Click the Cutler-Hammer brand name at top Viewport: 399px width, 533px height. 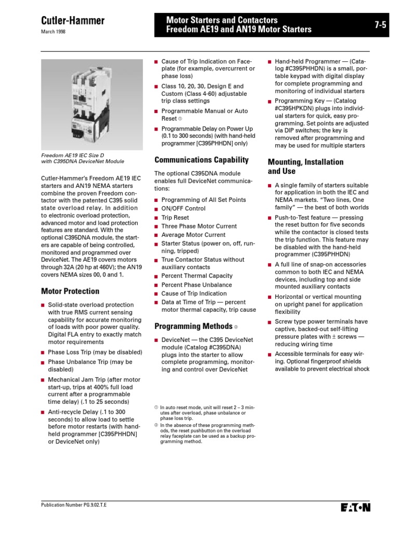click(73, 21)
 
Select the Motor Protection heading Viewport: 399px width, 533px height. click(70, 291)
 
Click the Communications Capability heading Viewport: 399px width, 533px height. click(202, 160)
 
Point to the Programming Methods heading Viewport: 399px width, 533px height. click(193, 326)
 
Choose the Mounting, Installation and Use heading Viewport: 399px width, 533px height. click(305, 166)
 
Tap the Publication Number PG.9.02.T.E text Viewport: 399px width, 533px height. click(75, 505)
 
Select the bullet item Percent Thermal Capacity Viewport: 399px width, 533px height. click(197, 276)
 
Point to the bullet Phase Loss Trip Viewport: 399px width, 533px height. click(95, 352)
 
